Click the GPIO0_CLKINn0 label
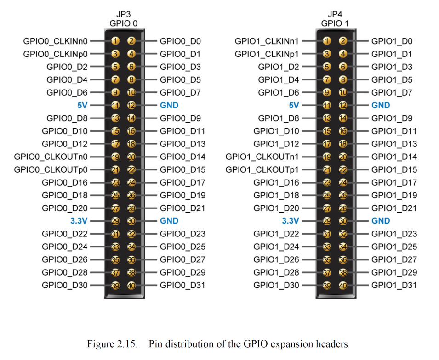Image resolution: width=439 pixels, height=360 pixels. point(55,41)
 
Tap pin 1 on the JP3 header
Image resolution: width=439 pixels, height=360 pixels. point(115,41)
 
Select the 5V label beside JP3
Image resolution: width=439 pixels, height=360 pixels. point(82,105)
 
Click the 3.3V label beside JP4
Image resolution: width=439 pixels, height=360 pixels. point(291,221)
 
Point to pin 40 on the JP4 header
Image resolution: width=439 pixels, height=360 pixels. point(342,285)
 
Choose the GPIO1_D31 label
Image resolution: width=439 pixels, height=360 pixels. point(394,285)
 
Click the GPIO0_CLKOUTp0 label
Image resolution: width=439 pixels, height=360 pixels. point(51,169)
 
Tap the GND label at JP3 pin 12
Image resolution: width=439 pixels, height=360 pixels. point(169,105)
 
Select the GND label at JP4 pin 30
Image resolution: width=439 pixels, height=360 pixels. point(381,221)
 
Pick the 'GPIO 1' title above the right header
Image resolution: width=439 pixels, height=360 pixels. point(335,23)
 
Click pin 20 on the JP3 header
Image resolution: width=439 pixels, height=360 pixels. point(131,157)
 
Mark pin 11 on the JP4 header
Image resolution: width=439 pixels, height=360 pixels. point(327,106)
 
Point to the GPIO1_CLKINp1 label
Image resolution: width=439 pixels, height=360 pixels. point(267,54)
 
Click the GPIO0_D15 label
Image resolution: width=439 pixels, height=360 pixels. point(182,169)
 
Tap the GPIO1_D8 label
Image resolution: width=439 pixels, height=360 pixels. point(279,118)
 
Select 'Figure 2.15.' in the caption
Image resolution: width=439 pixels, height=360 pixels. point(112,344)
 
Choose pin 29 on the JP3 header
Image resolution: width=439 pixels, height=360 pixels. point(115,221)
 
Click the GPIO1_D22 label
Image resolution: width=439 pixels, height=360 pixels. point(276,234)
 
